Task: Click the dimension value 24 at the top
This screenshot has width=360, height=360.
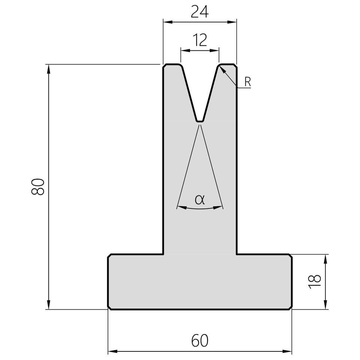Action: [x=200, y=12]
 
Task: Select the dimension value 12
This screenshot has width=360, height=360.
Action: [x=200, y=40]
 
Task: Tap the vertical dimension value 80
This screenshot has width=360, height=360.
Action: [x=37, y=187]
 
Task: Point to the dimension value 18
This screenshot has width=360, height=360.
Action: [x=314, y=282]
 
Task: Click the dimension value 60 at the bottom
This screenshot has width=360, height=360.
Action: [x=200, y=341]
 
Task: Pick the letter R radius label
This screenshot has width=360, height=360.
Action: [x=247, y=82]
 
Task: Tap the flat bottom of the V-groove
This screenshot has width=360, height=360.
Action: [x=200, y=121]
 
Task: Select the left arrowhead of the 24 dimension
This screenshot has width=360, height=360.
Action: [x=168, y=22]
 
